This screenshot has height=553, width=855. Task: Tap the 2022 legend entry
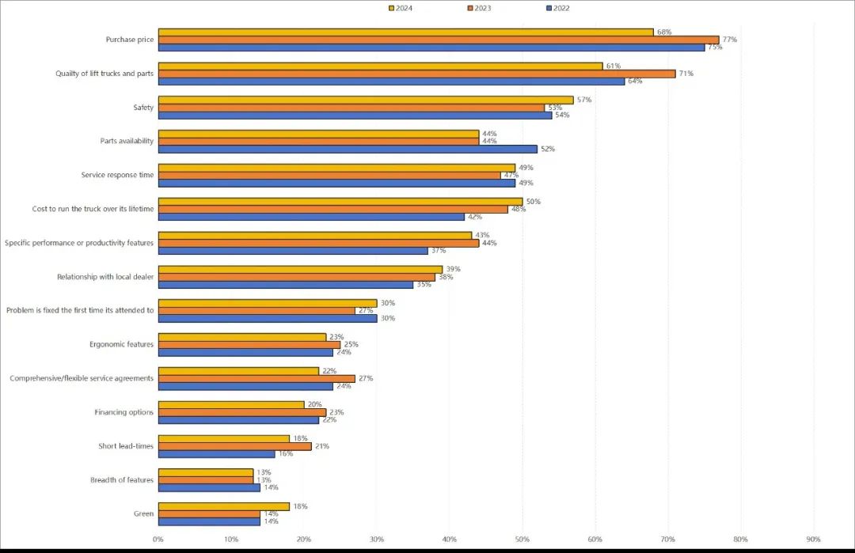click(x=557, y=8)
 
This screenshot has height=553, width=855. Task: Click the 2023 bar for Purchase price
click(x=439, y=40)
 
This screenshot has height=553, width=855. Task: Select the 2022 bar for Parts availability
click(x=348, y=149)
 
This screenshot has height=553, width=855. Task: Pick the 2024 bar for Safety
click(x=366, y=100)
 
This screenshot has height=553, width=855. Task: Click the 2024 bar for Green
click(x=224, y=506)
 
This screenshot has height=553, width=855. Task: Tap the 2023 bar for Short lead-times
click(x=235, y=446)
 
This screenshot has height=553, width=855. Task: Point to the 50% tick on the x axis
click(x=522, y=540)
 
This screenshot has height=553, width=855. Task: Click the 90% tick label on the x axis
click(x=813, y=540)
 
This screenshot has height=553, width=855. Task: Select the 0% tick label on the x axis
click(x=158, y=540)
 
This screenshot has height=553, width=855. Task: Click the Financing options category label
click(x=123, y=412)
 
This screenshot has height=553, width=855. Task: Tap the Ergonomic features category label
click(x=121, y=344)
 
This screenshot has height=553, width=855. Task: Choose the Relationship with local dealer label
click(x=104, y=277)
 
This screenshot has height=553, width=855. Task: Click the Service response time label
click(x=117, y=175)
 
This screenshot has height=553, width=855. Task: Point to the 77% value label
click(x=729, y=40)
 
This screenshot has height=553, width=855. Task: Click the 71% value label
click(x=686, y=74)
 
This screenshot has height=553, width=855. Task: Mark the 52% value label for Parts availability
click(x=548, y=149)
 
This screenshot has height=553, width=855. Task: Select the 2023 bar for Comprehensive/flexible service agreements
click(x=256, y=378)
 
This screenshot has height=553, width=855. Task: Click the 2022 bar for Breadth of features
click(x=209, y=487)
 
